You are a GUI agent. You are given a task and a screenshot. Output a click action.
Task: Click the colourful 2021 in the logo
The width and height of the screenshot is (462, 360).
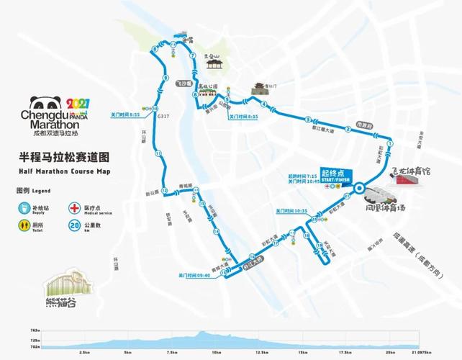click(78, 105)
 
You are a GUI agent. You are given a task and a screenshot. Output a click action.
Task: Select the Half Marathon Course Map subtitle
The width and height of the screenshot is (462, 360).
click(65, 171)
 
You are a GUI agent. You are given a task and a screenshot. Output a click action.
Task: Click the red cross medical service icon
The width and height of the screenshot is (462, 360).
click(73, 208)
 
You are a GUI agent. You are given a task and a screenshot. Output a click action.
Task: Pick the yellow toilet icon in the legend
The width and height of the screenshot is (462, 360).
click(24, 225)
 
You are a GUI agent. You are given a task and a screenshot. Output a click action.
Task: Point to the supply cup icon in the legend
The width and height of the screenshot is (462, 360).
click(24, 208)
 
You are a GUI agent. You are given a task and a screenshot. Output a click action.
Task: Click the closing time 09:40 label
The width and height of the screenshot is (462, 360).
click(194, 276)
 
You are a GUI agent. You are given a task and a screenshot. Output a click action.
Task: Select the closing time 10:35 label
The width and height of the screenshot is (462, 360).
click(292, 211)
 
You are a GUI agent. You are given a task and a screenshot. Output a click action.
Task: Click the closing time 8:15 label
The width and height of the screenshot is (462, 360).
click(243, 116)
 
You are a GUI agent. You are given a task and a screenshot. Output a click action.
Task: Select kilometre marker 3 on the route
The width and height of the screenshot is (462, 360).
click(308, 120)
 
